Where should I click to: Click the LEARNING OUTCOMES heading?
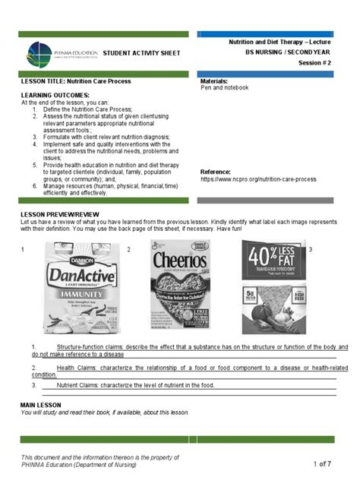coord(55,95)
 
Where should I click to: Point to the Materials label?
coord(214,81)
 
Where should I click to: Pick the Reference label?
coord(215,172)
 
